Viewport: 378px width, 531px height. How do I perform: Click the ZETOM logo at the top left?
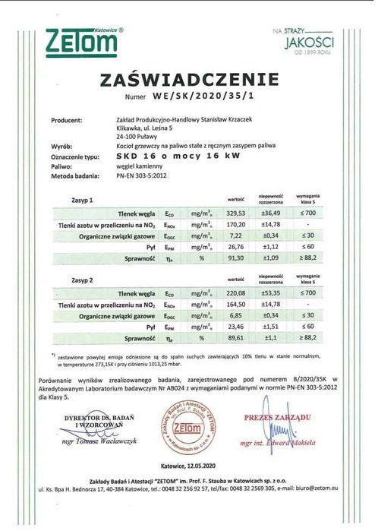coord(80,42)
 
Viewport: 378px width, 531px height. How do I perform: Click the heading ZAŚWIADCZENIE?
coord(190,81)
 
